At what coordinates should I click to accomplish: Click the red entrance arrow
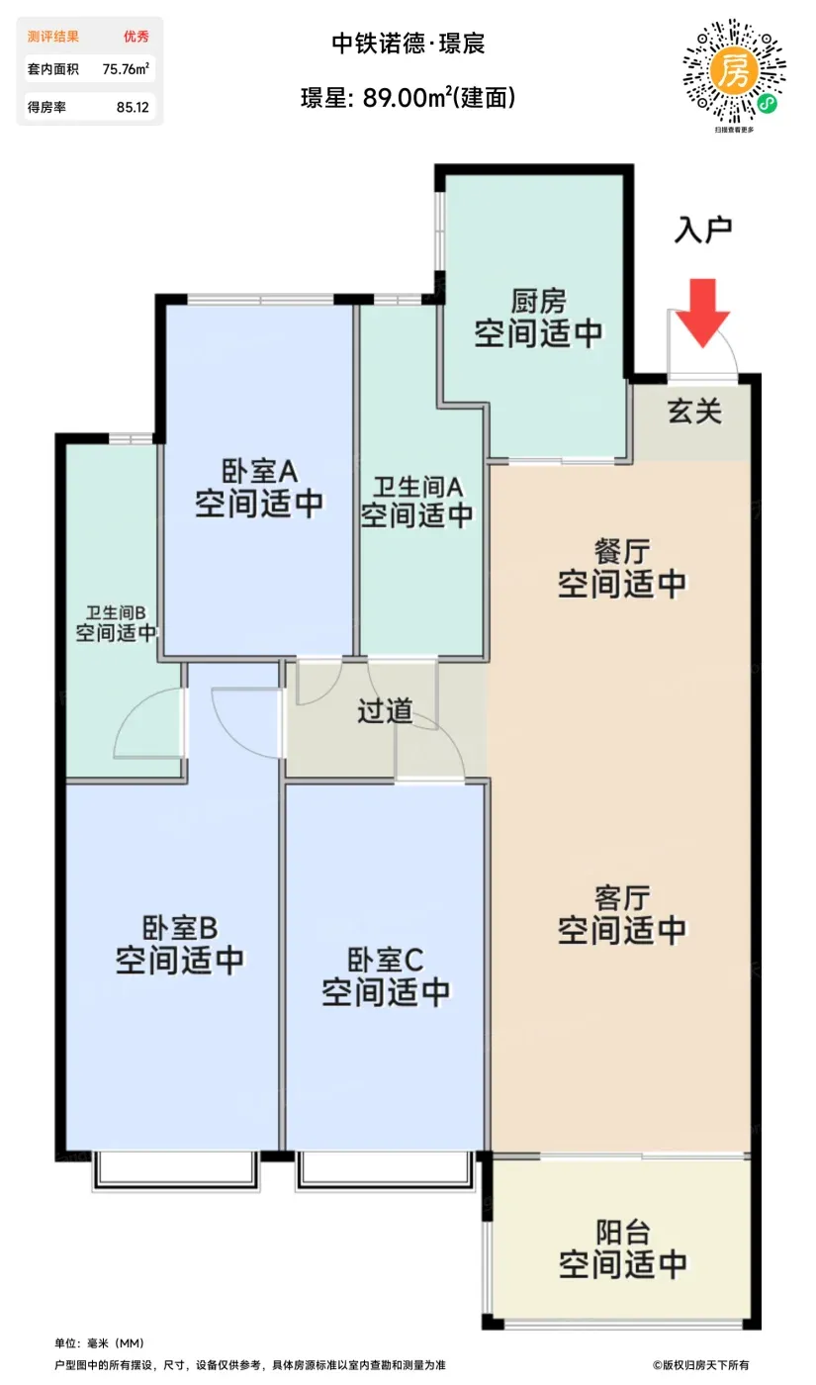[702, 313]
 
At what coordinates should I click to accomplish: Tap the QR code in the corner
[734, 71]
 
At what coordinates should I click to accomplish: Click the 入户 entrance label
[703, 231]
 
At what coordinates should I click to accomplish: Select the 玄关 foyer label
[694, 412]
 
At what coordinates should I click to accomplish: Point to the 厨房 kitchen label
[538, 302]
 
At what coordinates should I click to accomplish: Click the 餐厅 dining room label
[622, 552]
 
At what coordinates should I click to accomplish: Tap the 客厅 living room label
[622, 898]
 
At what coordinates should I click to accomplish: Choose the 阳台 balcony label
[622, 1232]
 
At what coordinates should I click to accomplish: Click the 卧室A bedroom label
[259, 472]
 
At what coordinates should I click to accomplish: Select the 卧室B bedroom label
[180, 928]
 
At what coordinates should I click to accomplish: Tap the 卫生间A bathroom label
[417, 487]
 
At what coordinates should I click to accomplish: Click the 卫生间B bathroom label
[116, 612]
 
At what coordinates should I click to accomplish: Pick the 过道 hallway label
[385, 711]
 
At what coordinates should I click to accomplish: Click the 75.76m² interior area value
[126, 68]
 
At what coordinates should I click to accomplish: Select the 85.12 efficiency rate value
[133, 107]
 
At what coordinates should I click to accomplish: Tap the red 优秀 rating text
[136, 37]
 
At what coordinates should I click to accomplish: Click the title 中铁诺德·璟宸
[408, 44]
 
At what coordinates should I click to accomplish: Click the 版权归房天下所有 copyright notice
[700, 1364]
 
